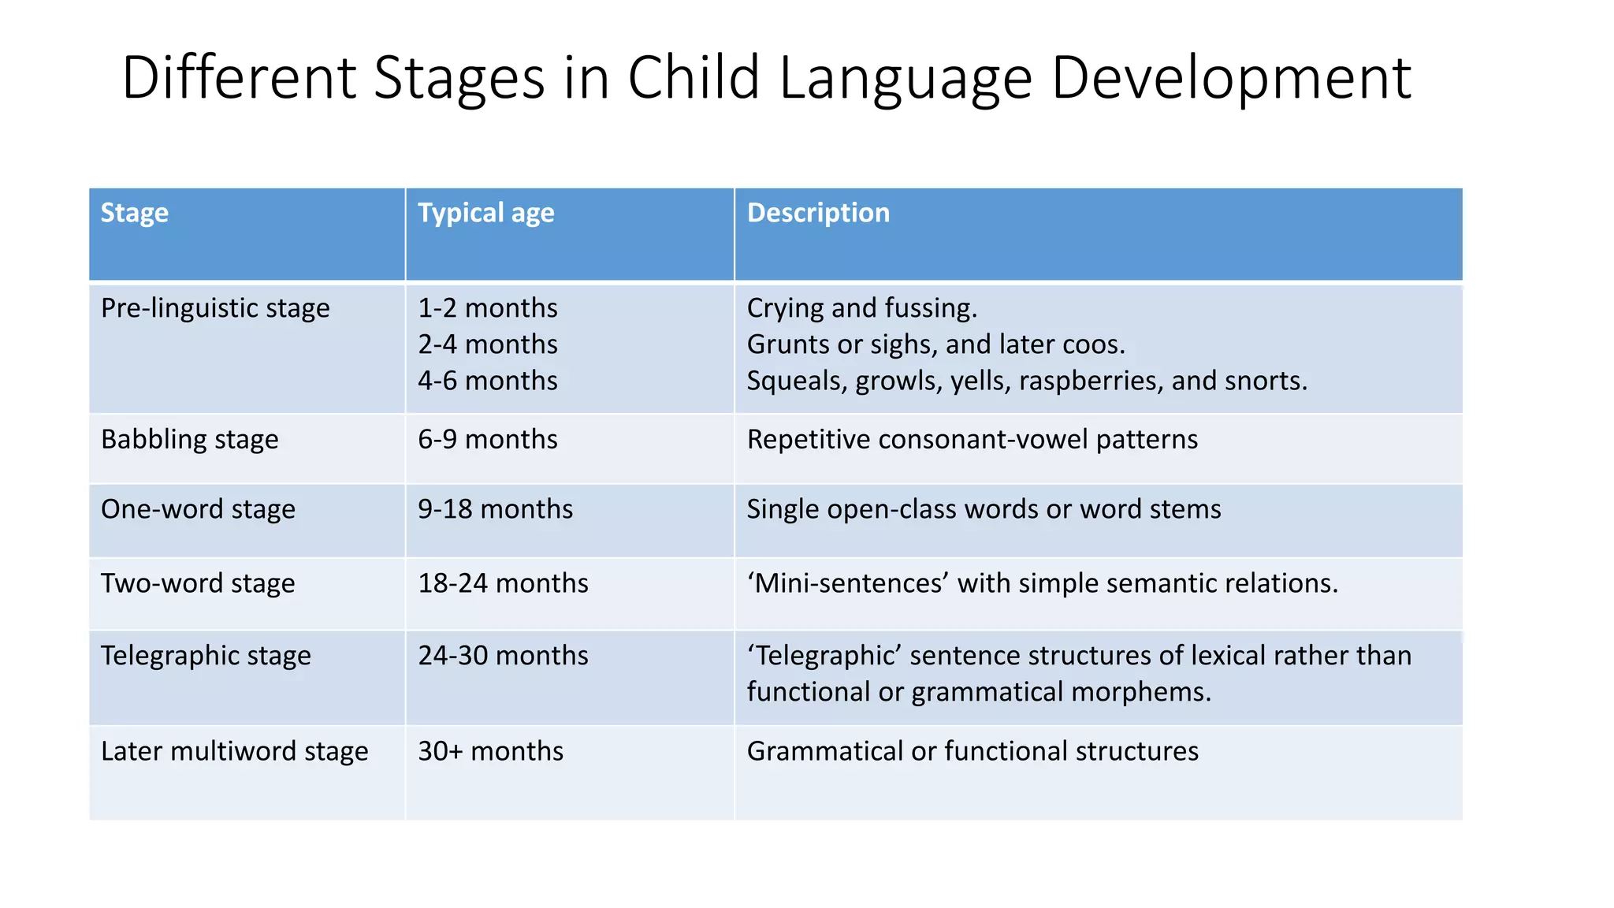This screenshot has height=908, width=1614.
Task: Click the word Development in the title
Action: (x=1230, y=79)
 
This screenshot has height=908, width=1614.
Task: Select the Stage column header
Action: (x=134, y=213)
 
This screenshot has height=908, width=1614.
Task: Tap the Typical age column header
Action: (x=485, y=213)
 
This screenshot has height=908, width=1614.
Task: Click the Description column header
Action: (x=818, y=213)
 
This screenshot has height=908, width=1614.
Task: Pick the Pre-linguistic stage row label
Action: (x=215, y=308)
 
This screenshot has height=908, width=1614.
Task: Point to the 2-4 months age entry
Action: (x=487, y=344)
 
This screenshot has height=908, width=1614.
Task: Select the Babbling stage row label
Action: (x=189, y=439)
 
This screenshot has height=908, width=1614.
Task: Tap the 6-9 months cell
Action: (x=487, y=439)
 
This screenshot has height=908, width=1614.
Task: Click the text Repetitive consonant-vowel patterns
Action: (x=972, y=439)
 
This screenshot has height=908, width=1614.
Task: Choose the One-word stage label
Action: (x=198, y=509)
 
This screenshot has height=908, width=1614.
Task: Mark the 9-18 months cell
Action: (x=495, y=509)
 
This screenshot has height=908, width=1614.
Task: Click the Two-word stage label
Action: (x=198, y=583)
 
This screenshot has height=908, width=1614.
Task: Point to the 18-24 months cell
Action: (x=503, y=583)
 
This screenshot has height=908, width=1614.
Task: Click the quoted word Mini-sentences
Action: (x=847, y=583)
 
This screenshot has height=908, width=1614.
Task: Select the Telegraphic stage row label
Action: (x=206, y=656)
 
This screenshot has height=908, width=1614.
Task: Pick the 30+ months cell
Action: (x=490, y=751)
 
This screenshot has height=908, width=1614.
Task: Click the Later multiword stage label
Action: (x=234, y=751)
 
